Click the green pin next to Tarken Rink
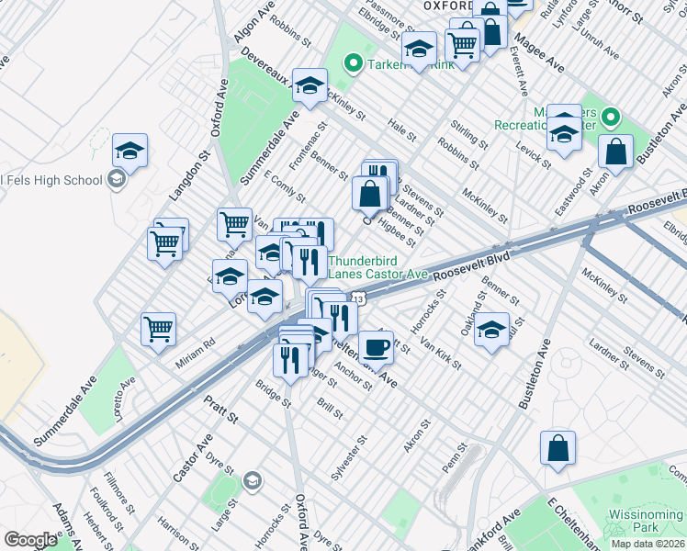[x=351, y=64]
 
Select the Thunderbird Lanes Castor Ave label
[x=378, y=267]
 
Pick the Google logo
[x=30, y=540]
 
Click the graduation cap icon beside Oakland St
[x=491, y=330]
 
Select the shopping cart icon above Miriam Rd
[x=158, y=329]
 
